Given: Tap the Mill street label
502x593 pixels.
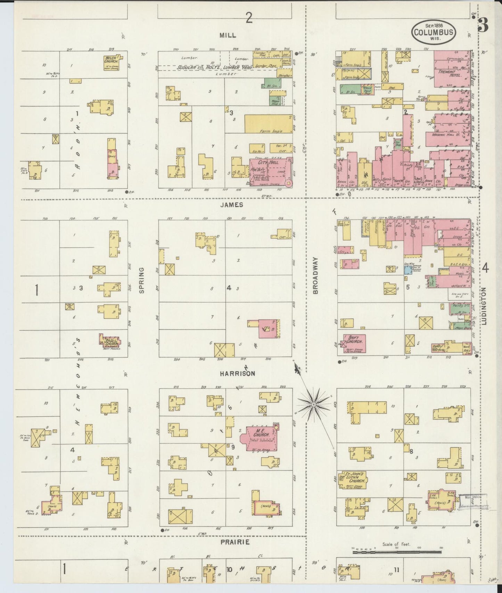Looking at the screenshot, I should [228, 35].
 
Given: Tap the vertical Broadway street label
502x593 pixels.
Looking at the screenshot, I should [315, 275].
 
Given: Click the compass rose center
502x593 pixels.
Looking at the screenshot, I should [314, 404].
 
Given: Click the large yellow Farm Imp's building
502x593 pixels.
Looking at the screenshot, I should [268, 124].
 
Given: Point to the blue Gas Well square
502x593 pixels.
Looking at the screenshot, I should [408, 270].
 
